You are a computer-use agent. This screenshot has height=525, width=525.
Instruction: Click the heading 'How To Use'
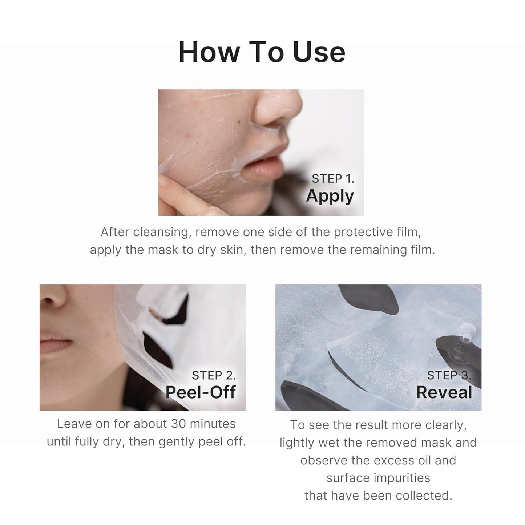point(262,52)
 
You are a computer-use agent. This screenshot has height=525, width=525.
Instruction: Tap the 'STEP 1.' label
point(333,179)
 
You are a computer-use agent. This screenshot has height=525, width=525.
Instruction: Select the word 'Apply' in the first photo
point(330,196)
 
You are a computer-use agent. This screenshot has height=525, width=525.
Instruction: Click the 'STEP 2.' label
point(214,375)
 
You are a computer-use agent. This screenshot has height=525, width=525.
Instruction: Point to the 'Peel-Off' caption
point(201,392)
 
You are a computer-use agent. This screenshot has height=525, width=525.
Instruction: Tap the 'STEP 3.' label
point(449,375)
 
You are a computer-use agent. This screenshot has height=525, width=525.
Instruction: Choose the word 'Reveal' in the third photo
point(444,392)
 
